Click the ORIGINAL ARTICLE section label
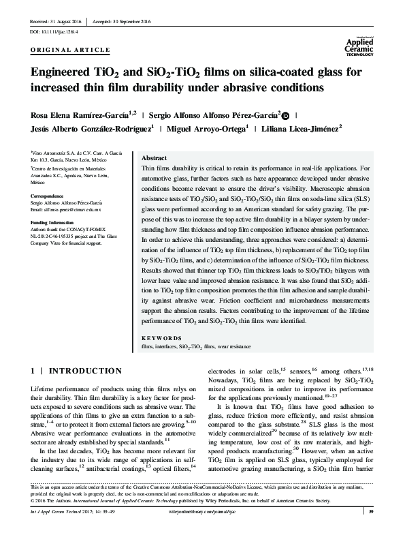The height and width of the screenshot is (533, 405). (70, 51)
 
